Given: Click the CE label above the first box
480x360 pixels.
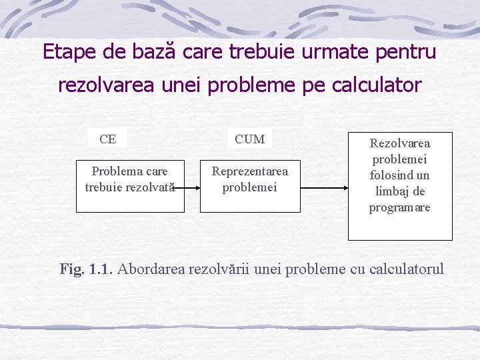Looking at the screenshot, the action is click(x=107, y=139).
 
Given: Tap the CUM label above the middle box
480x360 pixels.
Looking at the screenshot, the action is click(x=250, y=139).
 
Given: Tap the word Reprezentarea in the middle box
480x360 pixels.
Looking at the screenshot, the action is click(x=250, y=171).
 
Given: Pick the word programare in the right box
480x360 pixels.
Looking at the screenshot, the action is click(x=400, y=207).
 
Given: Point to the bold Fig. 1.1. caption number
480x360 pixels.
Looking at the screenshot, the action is click(x=87, y=269).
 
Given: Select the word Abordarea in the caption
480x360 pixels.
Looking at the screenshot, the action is click(x=152, y=269).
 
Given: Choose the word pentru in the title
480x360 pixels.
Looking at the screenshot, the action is click(x=407, y=51).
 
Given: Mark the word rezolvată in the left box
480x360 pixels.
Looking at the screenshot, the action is click(x=147, y=187).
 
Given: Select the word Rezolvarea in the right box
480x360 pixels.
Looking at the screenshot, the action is click(x=400, y=143).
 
